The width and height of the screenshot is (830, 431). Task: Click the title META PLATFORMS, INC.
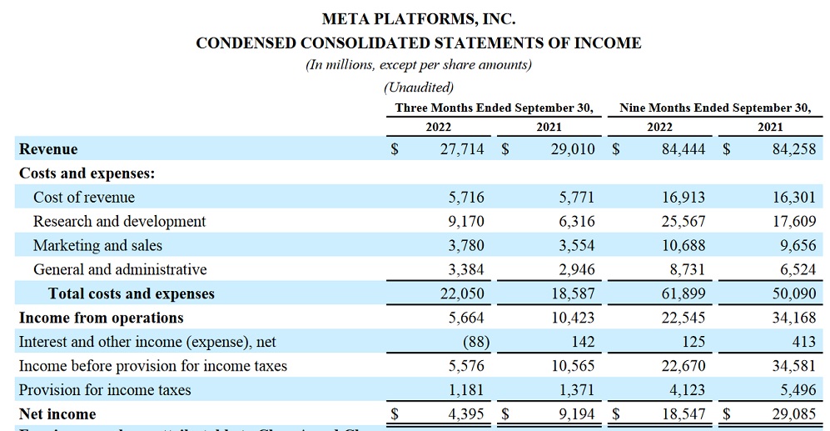[418, 18]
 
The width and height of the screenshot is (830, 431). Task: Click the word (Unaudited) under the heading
[418, 87]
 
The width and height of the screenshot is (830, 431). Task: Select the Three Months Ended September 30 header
[494, 108]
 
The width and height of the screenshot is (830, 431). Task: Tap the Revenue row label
[48, 149]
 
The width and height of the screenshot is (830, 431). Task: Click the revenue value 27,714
[462, 149]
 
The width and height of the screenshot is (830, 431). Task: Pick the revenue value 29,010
[572, 149]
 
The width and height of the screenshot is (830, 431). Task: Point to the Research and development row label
[119, 221]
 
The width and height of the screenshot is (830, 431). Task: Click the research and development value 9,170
[466, 221]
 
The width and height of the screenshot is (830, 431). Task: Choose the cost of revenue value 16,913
[682, 198]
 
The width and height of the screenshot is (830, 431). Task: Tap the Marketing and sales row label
[97, 245]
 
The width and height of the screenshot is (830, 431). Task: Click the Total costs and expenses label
[132, 293]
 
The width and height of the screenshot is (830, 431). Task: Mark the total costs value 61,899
[682, 293]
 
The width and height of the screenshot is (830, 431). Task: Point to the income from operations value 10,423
[572, 318]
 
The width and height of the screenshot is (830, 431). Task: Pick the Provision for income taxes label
[105, 390]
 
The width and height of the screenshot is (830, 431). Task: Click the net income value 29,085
[792, 414]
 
